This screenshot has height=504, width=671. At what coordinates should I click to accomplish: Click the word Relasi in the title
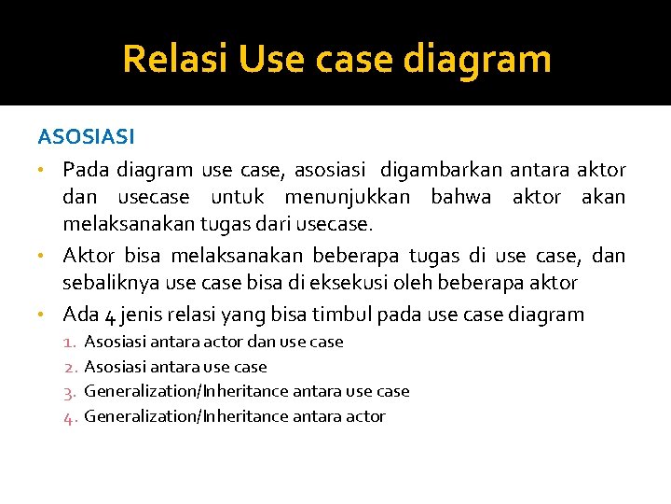click(x=175, y=59)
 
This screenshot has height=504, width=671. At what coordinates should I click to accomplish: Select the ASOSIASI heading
click(x=87, y=137)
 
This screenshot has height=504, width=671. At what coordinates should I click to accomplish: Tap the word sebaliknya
click(x=110, y=283)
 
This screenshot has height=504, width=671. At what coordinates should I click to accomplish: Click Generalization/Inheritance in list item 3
click(x=185, y=392)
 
